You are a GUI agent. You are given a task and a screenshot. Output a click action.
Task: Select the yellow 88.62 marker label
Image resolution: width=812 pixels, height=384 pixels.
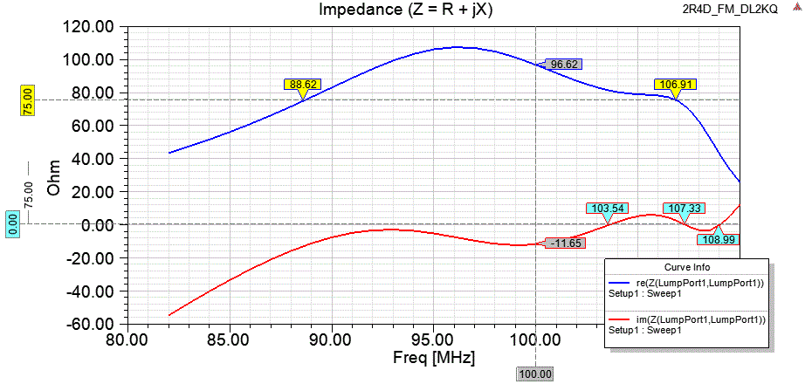click(303, 85)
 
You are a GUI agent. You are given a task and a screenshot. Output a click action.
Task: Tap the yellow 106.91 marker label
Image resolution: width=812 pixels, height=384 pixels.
click(678, 86)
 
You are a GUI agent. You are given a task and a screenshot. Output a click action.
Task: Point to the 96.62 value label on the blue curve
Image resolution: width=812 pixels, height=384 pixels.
click(564, 65)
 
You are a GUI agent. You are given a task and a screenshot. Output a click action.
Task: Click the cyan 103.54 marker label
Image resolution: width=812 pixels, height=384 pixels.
click(608, 209)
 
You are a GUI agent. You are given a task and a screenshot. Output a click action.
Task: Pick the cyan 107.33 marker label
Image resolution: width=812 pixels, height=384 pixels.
click(684, 209)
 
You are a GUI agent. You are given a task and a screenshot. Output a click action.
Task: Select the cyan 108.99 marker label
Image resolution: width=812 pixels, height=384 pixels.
click(718, 239)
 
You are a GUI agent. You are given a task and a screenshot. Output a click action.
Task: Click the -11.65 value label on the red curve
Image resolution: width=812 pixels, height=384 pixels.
click(563, 243)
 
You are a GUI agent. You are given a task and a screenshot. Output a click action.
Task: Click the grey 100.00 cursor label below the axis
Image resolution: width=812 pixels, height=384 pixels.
click(535, 374)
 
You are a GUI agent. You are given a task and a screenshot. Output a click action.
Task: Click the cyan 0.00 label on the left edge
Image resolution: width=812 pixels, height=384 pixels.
click(12, 225)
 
